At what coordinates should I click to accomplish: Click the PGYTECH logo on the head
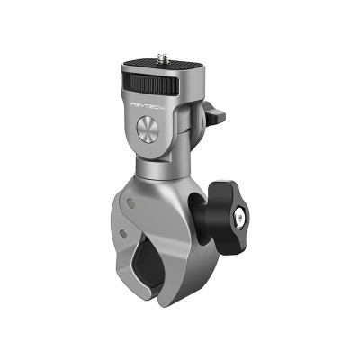click(149, 105)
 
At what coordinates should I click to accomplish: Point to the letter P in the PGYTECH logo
click(133, 103)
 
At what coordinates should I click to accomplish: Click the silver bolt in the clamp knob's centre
click(240, 217)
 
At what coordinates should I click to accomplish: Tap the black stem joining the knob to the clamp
click(208, 216)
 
